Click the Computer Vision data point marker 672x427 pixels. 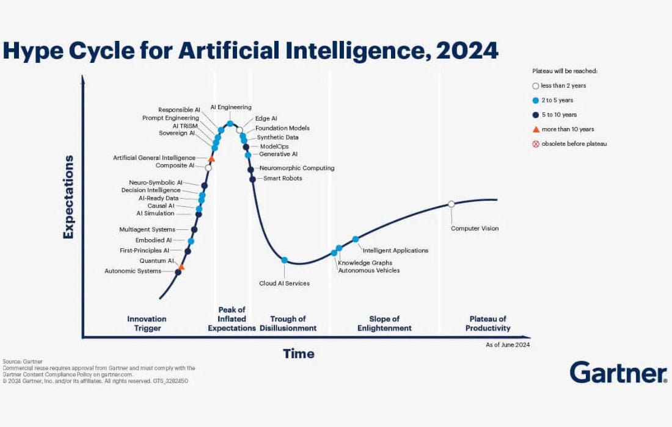pyautogui.click(x=451, y=204)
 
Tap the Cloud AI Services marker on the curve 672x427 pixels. pyautogui.click(x=284, y=260)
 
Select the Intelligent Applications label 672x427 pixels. pyautogui.click(x=395, y=250)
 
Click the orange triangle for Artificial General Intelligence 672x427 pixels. pyautogui.click(x=211, y=158)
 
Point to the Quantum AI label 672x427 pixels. pyautogui.click(x=157, y=260)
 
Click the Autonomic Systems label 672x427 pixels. pyautogui.click(x=133, y=271)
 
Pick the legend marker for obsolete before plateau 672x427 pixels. pyautogui.click(x=536, y=144)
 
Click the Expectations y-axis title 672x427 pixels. pyautogui.click(x=68, y=196)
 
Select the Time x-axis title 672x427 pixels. pyautogui.click(x=298, y=354)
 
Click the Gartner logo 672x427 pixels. pyautogui.click(x=618, y=372)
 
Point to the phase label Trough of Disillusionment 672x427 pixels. pyautogui.click(x=288, y=323)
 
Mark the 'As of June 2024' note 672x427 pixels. pyautogui.click(x=508, y=345)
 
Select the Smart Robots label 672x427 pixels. pyautogui.click(x=282, y=178)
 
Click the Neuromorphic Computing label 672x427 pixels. pyautogui.click(x=297, y=168)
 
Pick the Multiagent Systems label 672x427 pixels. pyautogui.click(x=147, y=229)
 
